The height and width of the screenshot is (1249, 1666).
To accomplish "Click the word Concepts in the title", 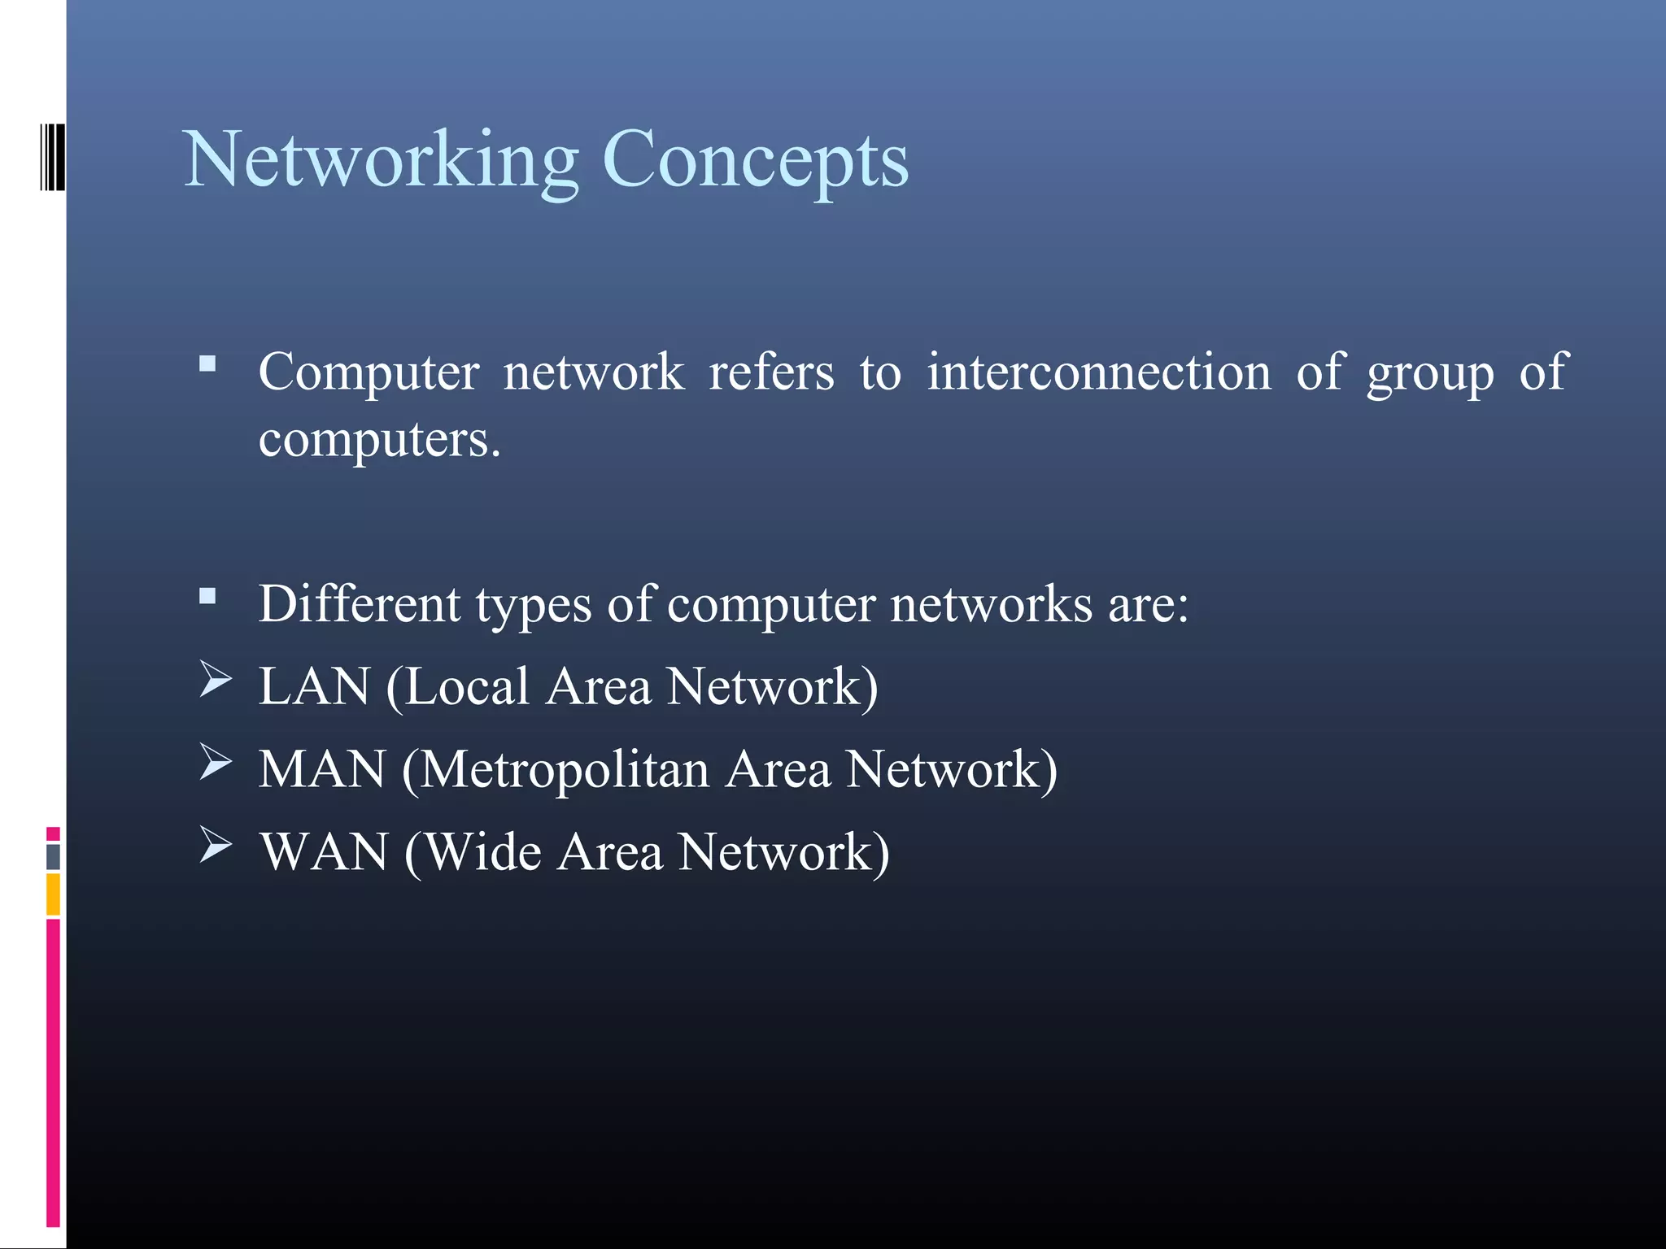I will tap(755, 161).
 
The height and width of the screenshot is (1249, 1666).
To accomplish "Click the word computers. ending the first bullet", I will tap(379, 441).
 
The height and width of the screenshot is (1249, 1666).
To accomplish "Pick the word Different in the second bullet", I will tap(360, 604).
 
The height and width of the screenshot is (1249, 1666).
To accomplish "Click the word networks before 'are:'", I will tap(991, 604).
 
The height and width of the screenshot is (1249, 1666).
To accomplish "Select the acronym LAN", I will tap(315, 686).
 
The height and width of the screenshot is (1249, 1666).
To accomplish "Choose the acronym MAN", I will tap(322, 769).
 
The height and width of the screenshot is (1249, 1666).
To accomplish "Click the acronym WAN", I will tap(325, 852).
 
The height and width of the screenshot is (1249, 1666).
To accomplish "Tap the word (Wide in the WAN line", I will tap(473, 852).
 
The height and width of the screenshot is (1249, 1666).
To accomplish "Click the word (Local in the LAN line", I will tap(458, 686).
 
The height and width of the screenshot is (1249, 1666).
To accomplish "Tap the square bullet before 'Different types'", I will tap(207, 597).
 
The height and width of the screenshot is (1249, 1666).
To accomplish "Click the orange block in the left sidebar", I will tap(53, 894).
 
